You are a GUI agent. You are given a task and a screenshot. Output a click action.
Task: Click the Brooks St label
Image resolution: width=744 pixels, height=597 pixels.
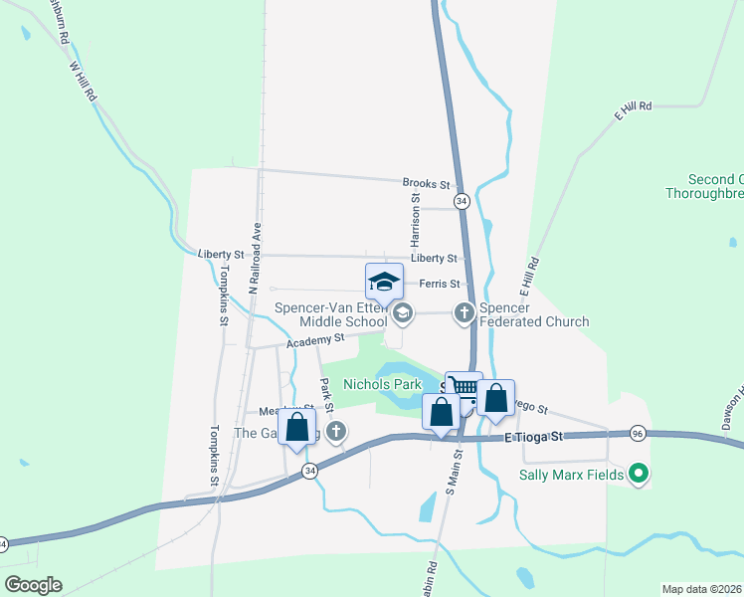click(427, 184)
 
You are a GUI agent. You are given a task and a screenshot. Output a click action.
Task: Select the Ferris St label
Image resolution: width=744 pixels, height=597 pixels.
click(439, 284)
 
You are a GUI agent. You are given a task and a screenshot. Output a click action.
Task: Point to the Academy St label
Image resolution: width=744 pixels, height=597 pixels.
click(314, 340)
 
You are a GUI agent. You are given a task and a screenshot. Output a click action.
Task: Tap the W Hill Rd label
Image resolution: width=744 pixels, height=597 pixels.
click(83, 82)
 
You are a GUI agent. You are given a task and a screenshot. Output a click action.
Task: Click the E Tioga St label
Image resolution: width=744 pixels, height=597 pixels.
click(533, 436)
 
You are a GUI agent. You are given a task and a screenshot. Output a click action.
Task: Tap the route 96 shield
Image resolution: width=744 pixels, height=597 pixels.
click(639, 433)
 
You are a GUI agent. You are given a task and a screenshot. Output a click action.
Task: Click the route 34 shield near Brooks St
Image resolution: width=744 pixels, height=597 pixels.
click(462, 201)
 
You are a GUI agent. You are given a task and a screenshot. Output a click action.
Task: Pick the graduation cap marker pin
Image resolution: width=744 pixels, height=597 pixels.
click(384, 282)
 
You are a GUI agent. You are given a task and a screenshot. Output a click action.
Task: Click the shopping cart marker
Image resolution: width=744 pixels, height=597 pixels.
click(464, 388)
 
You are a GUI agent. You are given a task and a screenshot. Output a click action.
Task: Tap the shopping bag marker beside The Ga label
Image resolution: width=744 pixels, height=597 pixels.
click(296, 428)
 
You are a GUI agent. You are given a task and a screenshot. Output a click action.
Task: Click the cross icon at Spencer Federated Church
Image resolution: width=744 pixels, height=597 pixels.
click(464, 313)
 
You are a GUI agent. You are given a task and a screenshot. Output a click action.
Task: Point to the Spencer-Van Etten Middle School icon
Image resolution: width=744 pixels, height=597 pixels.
click(403, 314)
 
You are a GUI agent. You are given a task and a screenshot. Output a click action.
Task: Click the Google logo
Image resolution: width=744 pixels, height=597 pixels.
click(33, 584)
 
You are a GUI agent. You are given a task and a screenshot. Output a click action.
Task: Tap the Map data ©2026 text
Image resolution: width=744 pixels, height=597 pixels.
click(701, 589)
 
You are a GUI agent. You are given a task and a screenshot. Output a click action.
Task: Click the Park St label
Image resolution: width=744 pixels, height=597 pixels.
click(327, 395)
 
